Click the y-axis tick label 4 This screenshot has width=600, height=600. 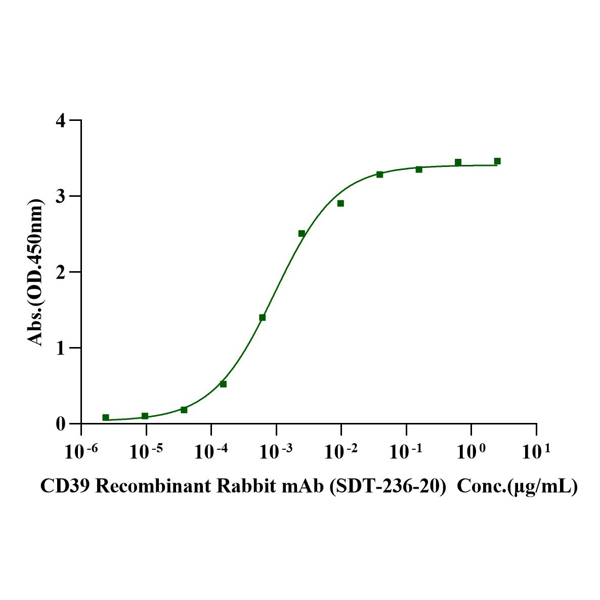(61, 121)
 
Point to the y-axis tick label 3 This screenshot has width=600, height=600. (61, 196)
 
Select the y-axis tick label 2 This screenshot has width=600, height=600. (61, 272)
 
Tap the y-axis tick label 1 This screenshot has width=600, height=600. (61, 348)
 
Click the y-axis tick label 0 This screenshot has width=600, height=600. (61, 424)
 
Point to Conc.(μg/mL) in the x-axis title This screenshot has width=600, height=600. (517, 487)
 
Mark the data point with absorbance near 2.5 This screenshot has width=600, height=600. (302, 233)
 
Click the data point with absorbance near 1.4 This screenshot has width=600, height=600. (262, 318)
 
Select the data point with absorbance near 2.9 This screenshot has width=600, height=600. (340, 203)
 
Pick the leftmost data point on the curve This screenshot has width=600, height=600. (106, 417)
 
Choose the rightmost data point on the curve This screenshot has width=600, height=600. (497, 161)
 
